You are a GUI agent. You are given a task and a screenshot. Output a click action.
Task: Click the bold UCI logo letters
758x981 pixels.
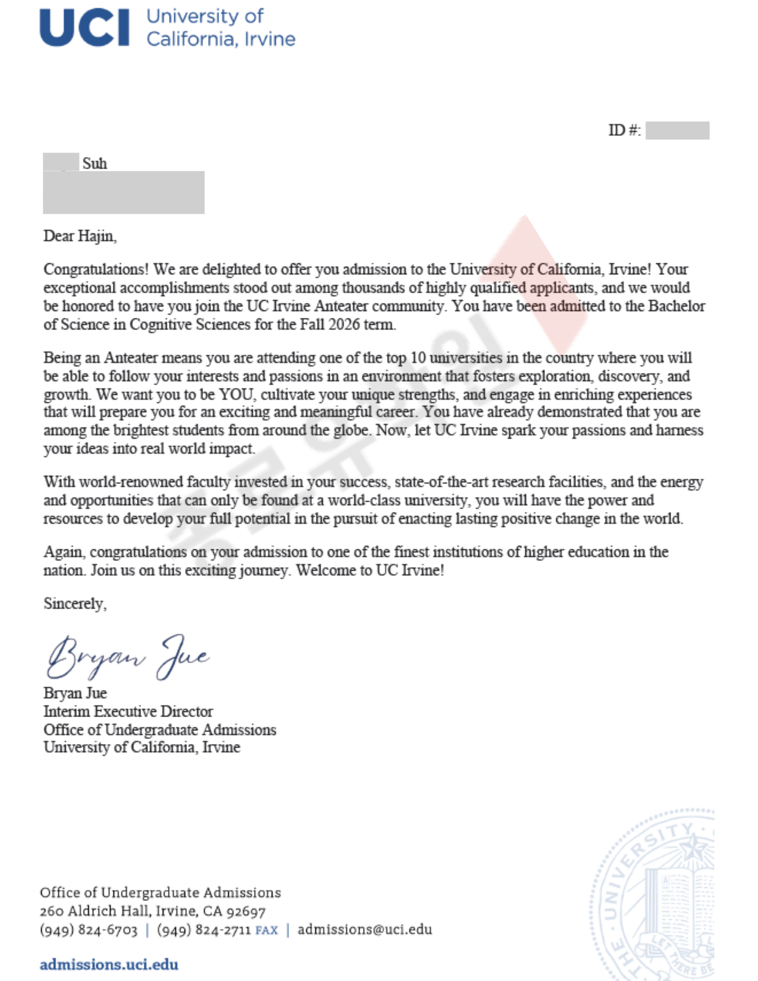click(84, 28)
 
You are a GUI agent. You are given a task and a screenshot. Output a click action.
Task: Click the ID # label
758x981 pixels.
click(624, 130)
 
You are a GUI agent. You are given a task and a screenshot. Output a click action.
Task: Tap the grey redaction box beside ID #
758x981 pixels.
click(677, 130)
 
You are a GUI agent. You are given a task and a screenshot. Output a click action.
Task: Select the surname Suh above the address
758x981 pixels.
click(95, 163)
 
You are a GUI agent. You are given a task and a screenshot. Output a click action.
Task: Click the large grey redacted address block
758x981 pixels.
click(124, 192)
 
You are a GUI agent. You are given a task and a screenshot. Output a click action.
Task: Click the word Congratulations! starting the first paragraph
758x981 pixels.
click(96, 269)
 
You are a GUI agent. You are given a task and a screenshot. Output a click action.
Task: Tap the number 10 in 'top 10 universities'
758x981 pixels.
click(418, 358)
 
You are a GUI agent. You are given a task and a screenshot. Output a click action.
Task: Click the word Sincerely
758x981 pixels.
click(75, 603)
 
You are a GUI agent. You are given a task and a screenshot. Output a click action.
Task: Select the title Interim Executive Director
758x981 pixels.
click(128, 711)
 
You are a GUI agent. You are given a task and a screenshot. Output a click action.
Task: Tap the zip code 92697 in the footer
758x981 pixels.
click(246, 911)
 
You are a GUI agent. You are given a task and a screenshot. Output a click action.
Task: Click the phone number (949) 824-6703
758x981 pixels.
click(89, 930)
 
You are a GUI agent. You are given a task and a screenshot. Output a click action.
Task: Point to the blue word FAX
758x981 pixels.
click(266, 930)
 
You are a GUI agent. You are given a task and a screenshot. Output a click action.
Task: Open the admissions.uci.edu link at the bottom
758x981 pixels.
click(109, 964)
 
